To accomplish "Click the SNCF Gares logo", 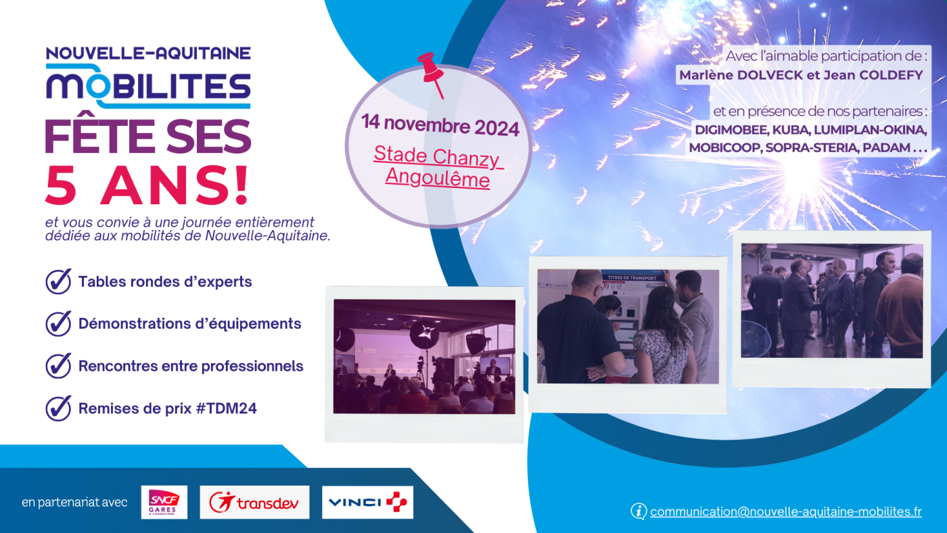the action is point(164,502).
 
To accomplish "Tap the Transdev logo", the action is point(254,502).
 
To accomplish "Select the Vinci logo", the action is point(367,502).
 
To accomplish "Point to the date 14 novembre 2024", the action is point(440,126).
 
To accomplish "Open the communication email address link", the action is point(785,511).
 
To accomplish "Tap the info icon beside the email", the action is point(639,511).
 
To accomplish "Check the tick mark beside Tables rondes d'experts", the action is point(58,281).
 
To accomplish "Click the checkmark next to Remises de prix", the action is point(58,408).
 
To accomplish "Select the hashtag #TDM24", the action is point(227,409).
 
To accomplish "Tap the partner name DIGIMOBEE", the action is point(731,130).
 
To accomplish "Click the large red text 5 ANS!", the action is point(147,185).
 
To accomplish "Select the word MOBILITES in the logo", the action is point(148,86).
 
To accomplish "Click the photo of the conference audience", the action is point(424,356).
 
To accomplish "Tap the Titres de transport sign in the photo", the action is point(632,278).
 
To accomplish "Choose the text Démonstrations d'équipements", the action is point(190,324).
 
